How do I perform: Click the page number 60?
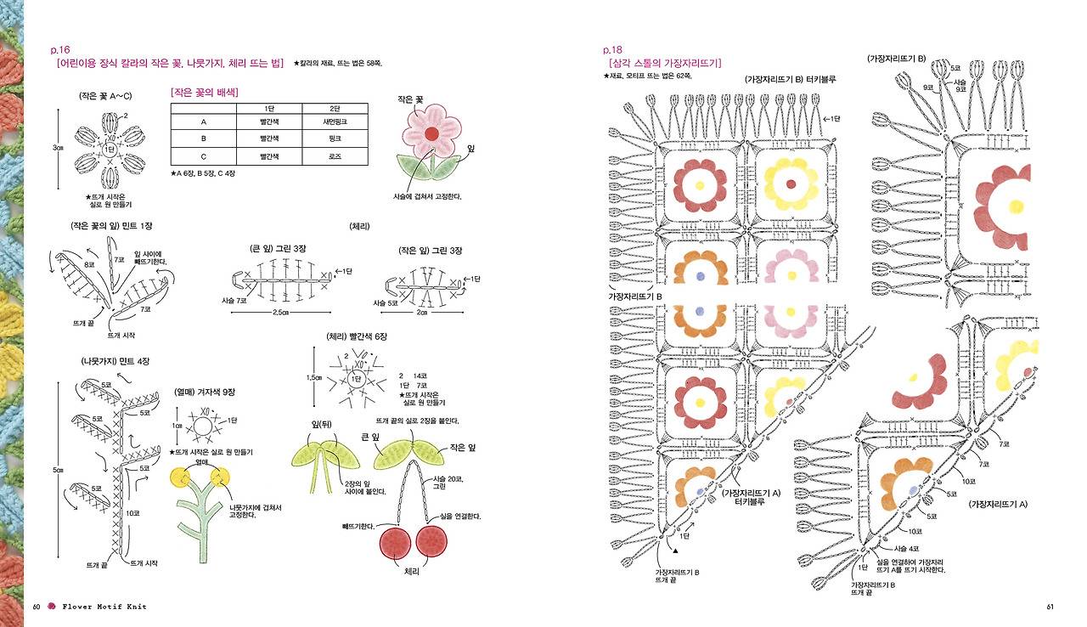tap(37, 606)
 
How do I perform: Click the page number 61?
tap(1050, 606)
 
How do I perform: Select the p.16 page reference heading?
tap(60, 50)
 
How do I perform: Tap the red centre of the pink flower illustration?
tap(431, 133)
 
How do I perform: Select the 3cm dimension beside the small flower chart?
tap(58, 147)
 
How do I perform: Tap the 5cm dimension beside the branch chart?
tap(57, 470)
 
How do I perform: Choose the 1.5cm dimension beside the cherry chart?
tap(314, 377)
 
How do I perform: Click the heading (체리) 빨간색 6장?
tap(357, 336)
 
